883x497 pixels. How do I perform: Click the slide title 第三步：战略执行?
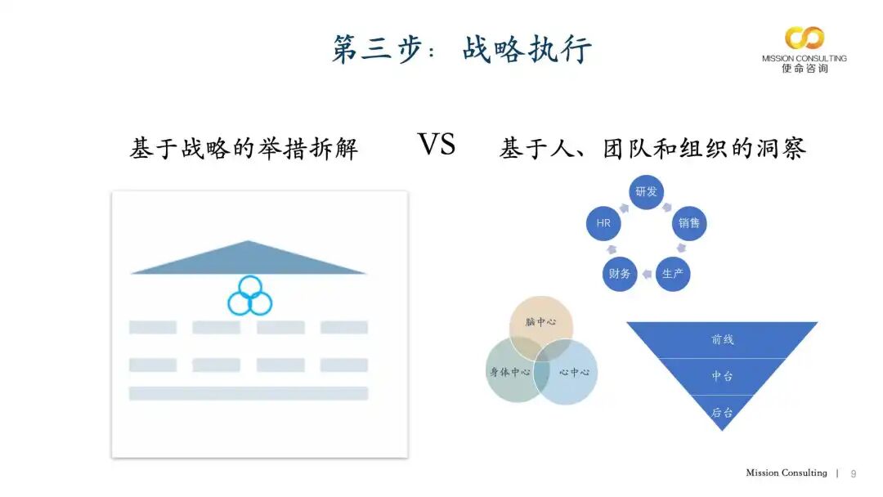tap(461, 48)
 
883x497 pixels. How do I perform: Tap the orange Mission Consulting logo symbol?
tap(804, 38)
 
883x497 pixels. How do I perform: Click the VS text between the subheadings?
tap(437, 145)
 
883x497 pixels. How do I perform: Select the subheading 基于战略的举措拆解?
tap(244, 149)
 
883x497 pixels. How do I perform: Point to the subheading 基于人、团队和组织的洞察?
tap(652, 148)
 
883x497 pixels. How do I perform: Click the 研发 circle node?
tap(646, 191)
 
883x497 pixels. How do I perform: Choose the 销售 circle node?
tap(689, 222)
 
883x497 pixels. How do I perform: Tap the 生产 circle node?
tap(673, 273)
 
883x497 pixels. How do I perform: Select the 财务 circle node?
tap(619, 273)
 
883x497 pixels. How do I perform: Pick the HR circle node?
tap(603, 222)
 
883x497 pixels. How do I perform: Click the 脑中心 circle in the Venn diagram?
tap(540, 322)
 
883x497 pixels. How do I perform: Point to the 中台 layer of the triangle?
tap(722, 376)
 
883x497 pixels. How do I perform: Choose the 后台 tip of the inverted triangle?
tap(722, 412)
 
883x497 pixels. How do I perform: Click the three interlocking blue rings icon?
tap(249, 296)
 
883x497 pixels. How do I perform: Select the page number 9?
tap(854, 474)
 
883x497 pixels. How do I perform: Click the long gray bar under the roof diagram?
tap(249, 393)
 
